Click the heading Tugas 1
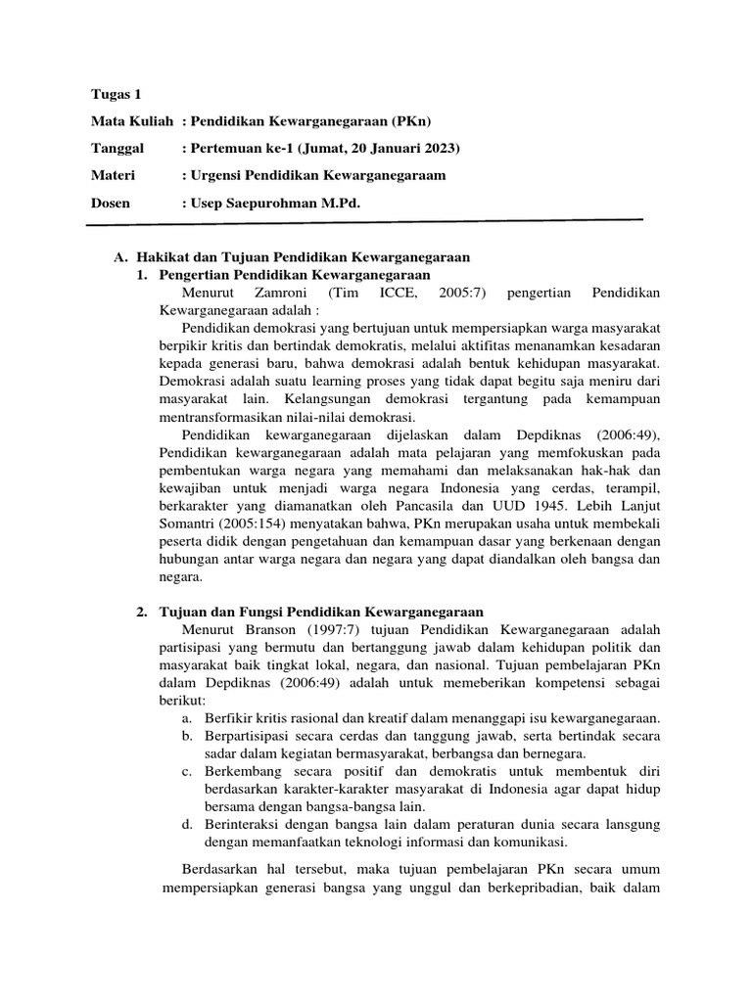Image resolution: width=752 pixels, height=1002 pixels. point(115,95)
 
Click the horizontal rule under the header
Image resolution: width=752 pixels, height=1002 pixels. point(364,223)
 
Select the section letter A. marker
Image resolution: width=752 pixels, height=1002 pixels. point(121,256)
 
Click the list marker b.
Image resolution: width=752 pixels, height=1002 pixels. point(186,735)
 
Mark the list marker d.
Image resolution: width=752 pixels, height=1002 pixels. point(186,824)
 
